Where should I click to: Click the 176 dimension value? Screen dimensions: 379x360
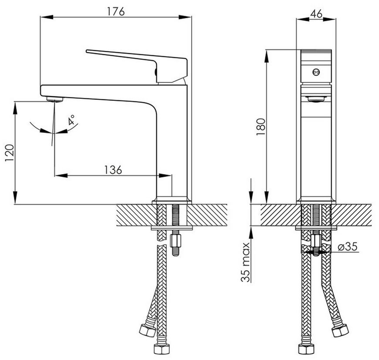point(116,11)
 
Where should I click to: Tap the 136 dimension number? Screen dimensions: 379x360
point(113,170)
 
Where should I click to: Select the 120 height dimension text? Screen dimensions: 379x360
point(10,153)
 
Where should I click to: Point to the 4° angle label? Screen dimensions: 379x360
point(71,120)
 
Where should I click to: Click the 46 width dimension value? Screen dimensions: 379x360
point(316,14)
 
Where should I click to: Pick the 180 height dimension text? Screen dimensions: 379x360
point(261,127)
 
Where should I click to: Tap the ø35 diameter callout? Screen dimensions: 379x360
point(347,246)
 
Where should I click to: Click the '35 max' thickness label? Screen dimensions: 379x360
point(245,262)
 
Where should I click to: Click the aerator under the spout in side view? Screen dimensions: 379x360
point(54,99)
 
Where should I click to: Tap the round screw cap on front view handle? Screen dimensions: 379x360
point(316,72)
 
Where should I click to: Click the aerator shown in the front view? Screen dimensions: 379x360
point(316,99)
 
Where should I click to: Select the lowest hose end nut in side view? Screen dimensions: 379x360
point(162,348)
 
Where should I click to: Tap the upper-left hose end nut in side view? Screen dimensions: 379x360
point(147,330)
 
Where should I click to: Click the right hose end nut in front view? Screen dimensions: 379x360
point(340,330)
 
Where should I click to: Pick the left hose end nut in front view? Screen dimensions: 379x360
point(306,349)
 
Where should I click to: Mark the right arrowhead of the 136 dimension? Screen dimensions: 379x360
point(165,175)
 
